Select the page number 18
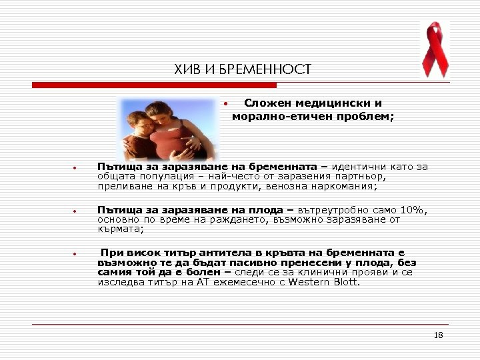point(438,335)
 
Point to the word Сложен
point(266,103)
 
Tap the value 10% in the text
point(412,211)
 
